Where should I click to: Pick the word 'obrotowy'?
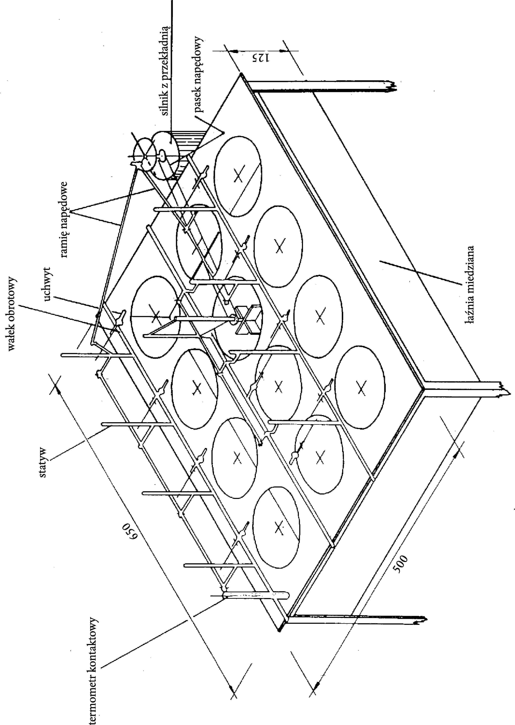pyautogui.click(x=13, y=303)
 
